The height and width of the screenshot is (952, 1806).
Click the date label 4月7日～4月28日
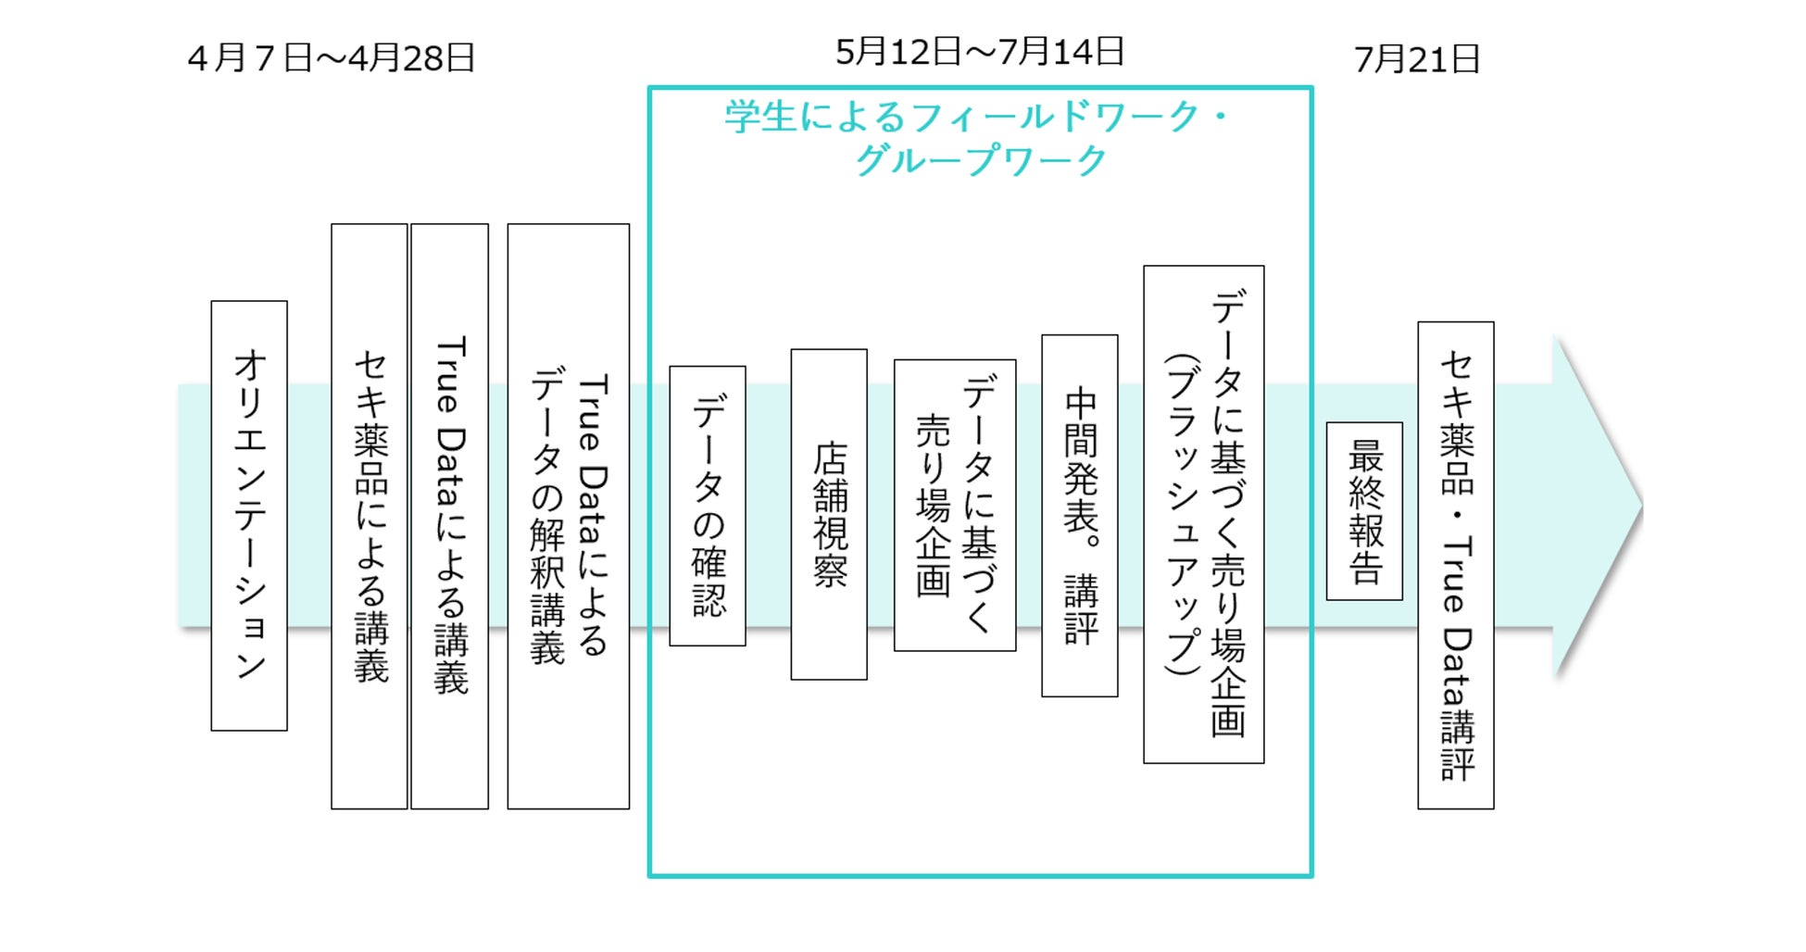(x=331, y=58)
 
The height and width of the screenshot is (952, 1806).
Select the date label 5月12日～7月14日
(x=979, y=52)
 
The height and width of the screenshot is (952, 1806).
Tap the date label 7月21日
(x=1416, y=60)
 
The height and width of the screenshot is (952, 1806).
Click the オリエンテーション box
(x=249, y=515)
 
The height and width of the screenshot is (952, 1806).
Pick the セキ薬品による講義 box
(x=370, y=516)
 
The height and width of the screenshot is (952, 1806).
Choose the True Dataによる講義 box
(x=450, y=516)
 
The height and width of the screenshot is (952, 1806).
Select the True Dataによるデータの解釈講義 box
(x=569, y=516)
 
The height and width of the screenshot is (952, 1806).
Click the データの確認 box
(x=708, y=506)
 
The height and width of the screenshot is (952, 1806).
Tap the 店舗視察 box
(x=829, y=514)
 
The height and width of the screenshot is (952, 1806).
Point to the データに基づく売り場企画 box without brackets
(x=955, y=505)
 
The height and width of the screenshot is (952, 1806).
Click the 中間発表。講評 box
(x=1080, y=515)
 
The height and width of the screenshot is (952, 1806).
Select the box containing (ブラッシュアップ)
(x=1204, y=514)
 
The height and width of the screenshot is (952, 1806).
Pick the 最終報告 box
(x=1364, y=511)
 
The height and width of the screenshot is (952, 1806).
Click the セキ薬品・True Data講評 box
(x=1456, y=565)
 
